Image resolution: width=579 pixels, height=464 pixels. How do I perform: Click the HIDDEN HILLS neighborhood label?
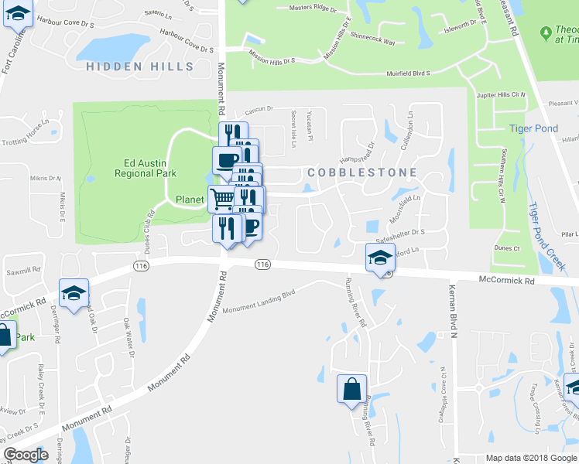140,67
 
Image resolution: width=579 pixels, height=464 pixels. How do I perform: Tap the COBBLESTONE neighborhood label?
363,172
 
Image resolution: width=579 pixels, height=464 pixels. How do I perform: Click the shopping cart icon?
222,200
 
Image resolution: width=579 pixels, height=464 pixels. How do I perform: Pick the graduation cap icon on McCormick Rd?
380,258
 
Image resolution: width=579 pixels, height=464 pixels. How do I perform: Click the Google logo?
26,455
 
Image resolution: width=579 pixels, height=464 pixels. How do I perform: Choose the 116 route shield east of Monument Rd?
262,264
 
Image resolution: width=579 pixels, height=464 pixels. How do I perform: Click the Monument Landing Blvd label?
260,302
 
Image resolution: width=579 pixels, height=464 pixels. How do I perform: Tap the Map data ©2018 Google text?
530,458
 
